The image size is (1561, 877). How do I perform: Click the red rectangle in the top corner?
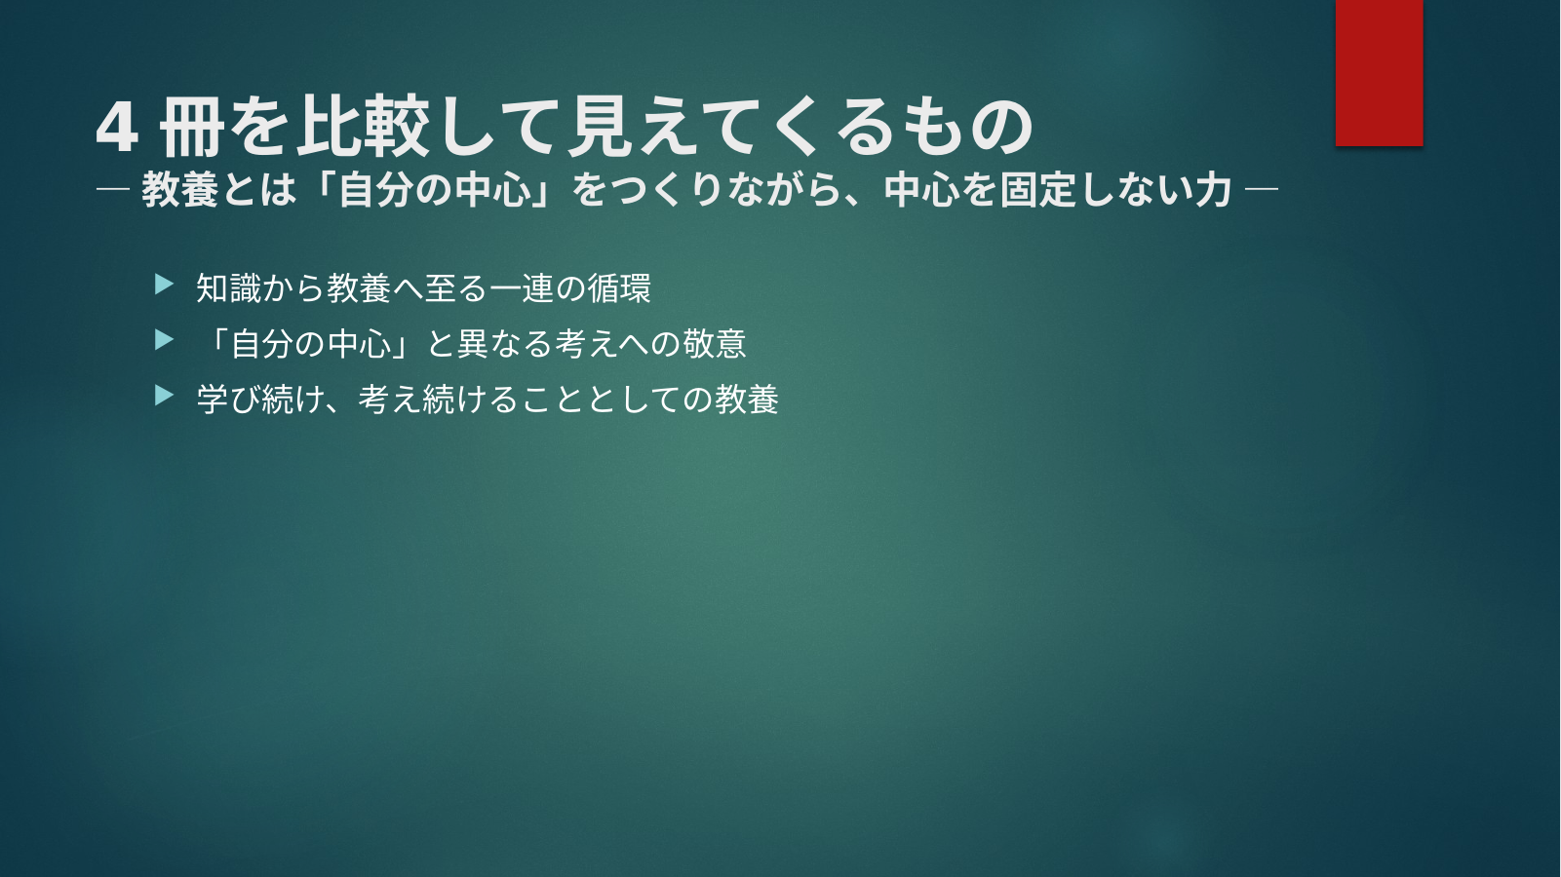(x=1379, y=72)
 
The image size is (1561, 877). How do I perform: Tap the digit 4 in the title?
(x=116, y=129)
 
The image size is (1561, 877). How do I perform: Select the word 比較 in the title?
(x=363, y=127)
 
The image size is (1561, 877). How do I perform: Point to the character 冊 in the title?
(x=192, y=128)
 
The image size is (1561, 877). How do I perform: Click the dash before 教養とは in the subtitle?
(x=113, y=189)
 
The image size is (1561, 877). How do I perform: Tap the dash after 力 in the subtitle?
(x=1262, y=189)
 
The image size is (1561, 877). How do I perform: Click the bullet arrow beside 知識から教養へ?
(x=164, y=285)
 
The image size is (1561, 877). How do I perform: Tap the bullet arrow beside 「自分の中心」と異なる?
(x=164, y=340)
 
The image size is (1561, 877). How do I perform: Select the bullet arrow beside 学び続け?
(x=164, y=396)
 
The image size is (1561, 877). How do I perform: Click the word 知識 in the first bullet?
(x=228, y=287)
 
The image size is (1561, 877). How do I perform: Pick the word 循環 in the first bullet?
(x=619, y=287)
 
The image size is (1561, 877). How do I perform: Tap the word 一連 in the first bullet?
(x=522, y=287)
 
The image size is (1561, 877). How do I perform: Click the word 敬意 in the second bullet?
(x=715, y=343)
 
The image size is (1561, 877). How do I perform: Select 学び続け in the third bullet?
(x=261, y=400)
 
